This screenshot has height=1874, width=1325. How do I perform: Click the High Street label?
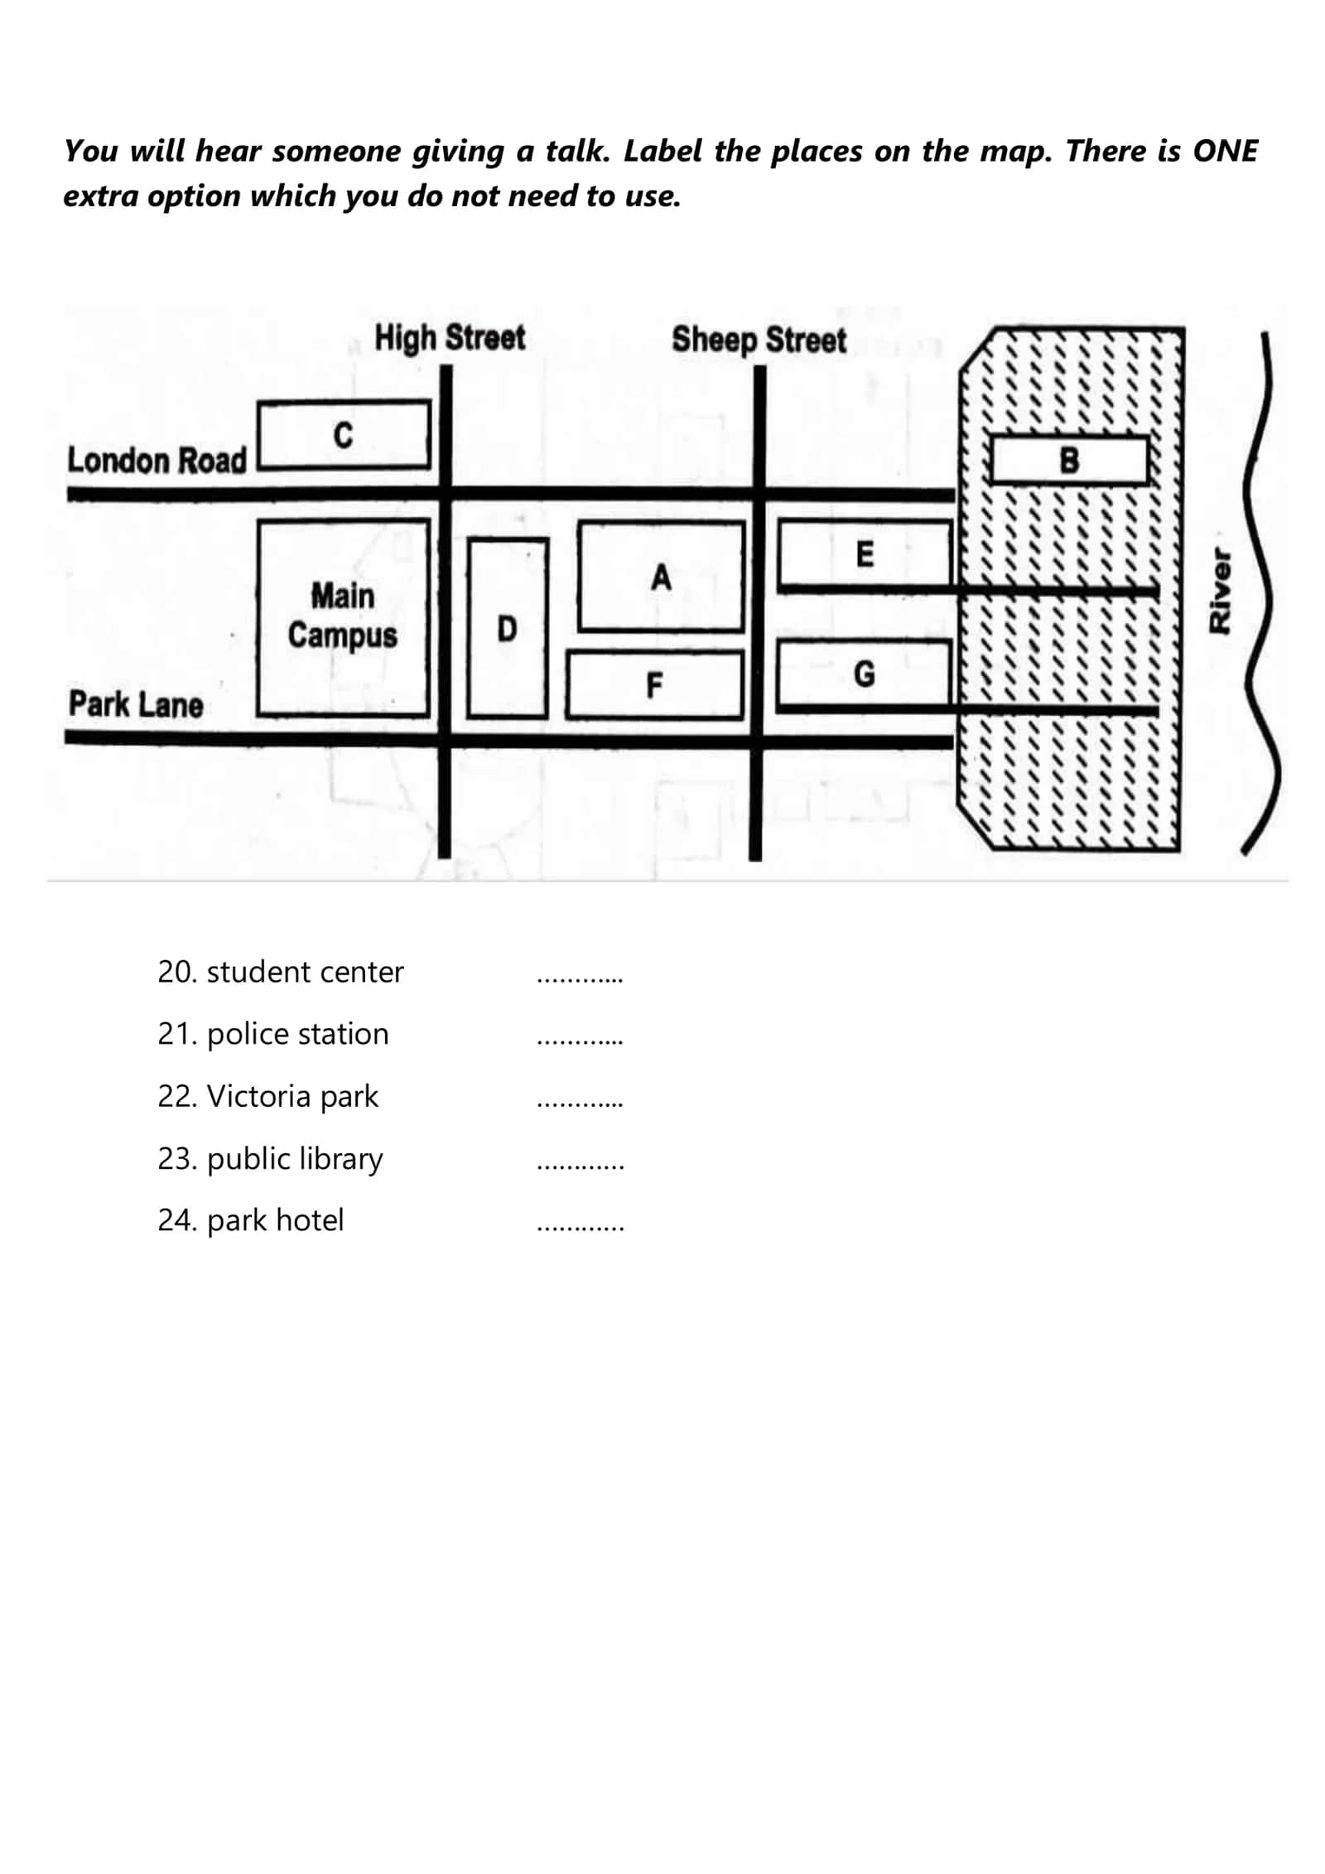(450, 338)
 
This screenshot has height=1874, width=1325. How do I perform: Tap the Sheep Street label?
(759, 340)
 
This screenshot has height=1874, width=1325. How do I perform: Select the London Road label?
(157, 460)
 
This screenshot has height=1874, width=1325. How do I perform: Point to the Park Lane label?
(136, 704)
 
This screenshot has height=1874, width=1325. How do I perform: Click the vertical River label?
(1220, 590)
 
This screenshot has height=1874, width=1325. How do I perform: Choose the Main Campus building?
(343, 617)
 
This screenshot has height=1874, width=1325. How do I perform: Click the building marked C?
(344, 436)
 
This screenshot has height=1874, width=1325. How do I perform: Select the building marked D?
(508, 628)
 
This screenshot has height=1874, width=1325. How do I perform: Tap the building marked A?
(661, 577)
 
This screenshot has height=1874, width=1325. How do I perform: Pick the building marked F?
(654, 685)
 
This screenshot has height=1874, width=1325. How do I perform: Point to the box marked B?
(1069, 460)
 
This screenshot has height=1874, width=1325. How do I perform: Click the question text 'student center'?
(305, 972)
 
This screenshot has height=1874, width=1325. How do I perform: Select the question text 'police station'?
(297, 1035)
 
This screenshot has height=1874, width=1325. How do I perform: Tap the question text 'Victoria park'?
(292, 1097)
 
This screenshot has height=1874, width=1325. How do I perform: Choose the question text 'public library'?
(295, 1160)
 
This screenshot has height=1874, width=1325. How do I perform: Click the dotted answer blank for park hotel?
(581, 1229)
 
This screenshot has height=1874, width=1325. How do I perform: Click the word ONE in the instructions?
(1225, 152)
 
